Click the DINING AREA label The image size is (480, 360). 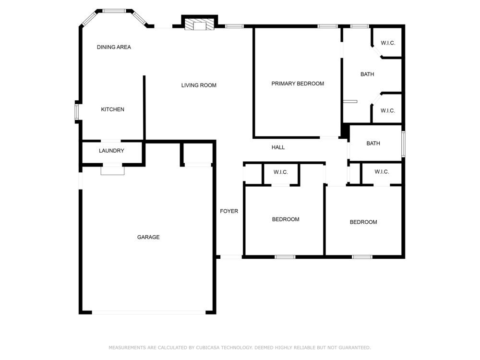click(x=114, y=47)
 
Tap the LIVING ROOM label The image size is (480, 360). click(x=199, y=85)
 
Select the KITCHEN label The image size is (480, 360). click(x=113, y=109)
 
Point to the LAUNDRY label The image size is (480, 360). click(x=111, y=151)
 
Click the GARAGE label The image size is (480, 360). click(x=148, y=237)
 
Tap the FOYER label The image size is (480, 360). click(x=229, y=211)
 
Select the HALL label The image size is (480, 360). click(x=278, y=147)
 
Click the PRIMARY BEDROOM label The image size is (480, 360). click(x=298, y=84)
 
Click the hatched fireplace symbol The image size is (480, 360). click(x=200, y=24)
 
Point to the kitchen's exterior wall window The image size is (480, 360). click(x=77, y=112)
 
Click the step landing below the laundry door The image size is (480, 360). click(x=113, y=170)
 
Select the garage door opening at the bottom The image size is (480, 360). click(x=149, y=312)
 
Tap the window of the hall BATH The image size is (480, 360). click(x=404, y=144)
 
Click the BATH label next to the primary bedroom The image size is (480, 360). click(x=367, y=74)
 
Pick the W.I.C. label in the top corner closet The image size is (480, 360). click(x=388, y=43)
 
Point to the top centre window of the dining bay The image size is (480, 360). click(x=114, y=11)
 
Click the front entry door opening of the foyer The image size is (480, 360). click(x=231, y=257)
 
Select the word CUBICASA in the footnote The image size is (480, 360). click(x=207, y=348)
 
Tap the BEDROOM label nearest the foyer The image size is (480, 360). click(x=286, y=219)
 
